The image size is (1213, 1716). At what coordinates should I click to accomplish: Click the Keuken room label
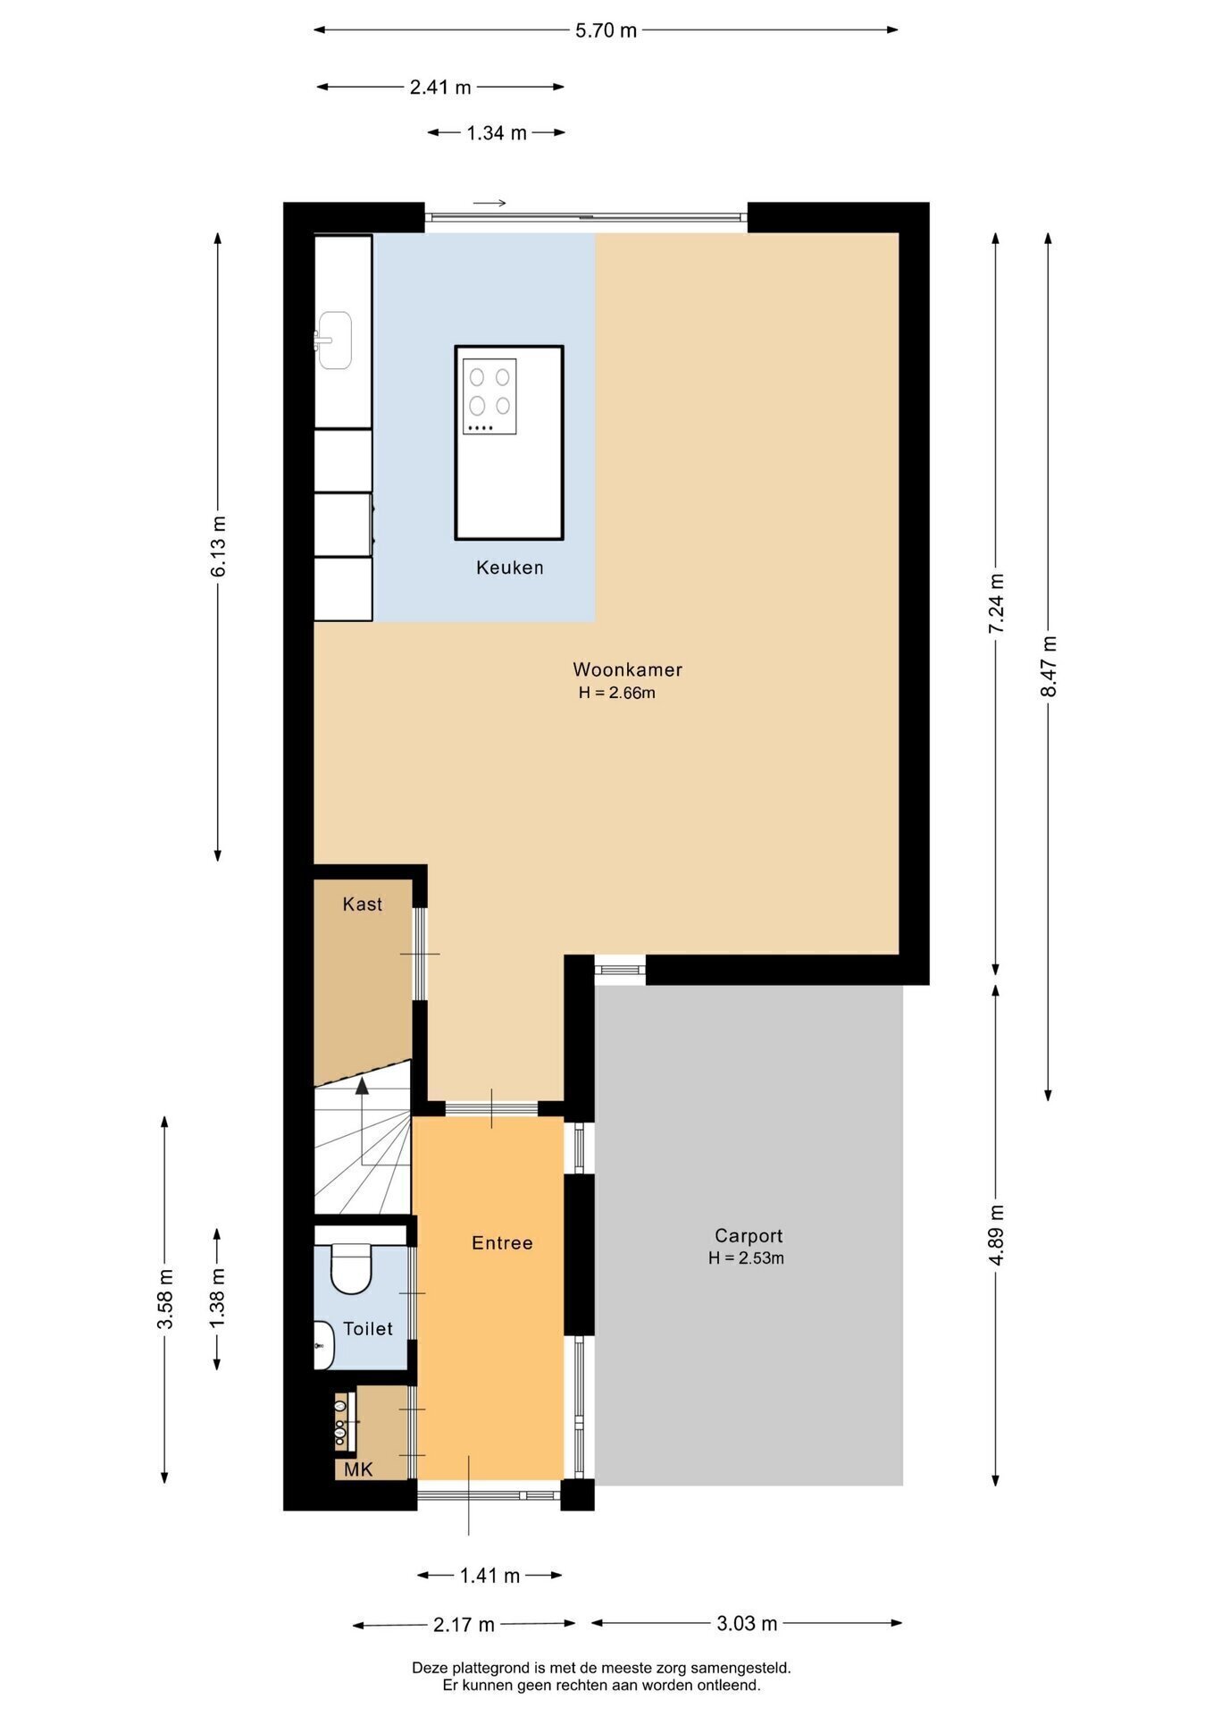coord(509,568)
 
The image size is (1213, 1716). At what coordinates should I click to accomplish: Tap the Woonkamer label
coord(627,669)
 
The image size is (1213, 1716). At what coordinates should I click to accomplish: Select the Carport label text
coord(749,1236)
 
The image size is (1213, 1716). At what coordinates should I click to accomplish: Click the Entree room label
coord(502,1243)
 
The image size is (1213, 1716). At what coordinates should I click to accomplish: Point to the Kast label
coord(362,904)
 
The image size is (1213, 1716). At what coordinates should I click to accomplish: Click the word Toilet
coord(368,1329)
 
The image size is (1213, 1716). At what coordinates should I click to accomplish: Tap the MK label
coord(359,1470)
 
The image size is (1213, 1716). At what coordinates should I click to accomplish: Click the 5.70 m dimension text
coord(606,30)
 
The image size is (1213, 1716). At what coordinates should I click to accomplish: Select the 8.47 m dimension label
coord(1049,666)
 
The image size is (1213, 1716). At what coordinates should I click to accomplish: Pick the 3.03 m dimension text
coord(747,1623)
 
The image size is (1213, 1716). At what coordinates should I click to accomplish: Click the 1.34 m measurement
coord(497,133)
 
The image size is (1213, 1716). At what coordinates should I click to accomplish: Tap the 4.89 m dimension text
coord(997,1234)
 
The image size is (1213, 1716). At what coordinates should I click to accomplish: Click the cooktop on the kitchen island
coord(489,397)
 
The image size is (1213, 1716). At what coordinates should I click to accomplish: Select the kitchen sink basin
coord(335,340)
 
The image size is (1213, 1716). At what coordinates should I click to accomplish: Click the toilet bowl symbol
coord(351,1267)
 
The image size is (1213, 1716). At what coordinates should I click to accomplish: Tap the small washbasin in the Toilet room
coord(323,1344)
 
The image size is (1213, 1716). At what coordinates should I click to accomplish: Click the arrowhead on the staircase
coord(362,1087)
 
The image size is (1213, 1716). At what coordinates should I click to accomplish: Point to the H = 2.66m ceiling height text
coord(616,693)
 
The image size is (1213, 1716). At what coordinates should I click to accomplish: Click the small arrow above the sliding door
coord(489,203)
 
